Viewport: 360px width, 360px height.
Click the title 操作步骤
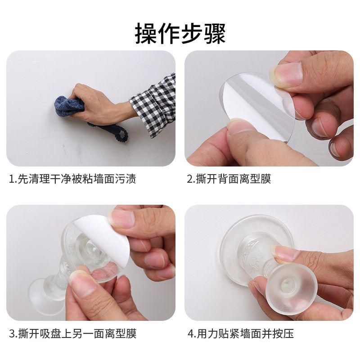(180, 34)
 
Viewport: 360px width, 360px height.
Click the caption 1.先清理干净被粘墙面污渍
(72, 179)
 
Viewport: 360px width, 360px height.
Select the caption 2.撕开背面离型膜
(229, 179)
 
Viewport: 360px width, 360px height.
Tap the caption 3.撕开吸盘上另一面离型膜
(72, 333)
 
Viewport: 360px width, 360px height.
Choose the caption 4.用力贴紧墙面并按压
(241, 333)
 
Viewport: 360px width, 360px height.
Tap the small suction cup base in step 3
(43, 290)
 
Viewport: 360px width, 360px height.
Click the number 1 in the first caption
(11, 179)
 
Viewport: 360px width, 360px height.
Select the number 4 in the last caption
(190, 333)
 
